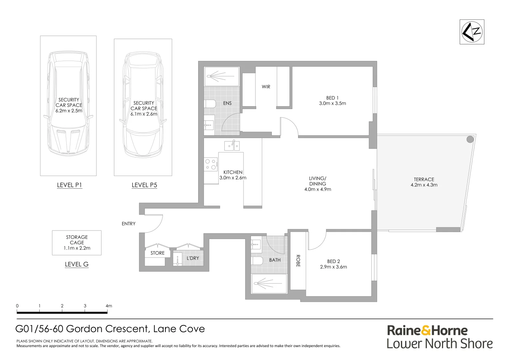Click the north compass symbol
pyautogui.click(x=472, y=32)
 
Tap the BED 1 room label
pyautogui.click(x=332, y=98)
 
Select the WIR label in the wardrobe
pyautogui.click(x=266, y=87)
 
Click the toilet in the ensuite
pyautogui.click(x=210, y=104)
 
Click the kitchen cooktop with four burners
pyautogui.click(x=211, y=164)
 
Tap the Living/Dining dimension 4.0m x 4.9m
pyautogui.click(x=317, y=189)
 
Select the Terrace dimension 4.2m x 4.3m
pyautogui.click(x=424, y=185)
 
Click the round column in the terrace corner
pyautogui.click(x=470, y=139)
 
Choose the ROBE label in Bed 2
pyautogui.click(x=298, y=261)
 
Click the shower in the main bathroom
pyautogui.click(x=269, y=283)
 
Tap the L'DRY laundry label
pyautogui.click(x=193, y=258)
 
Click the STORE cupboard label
pyautogui.click(x=157, y=253)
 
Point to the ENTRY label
pyautogui.click(x=129, y=224)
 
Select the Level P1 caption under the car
pyautogui.click(x=70, y=185)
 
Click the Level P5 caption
pyautogui.click(x=144, y=185)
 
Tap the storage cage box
pyautogui.click(x=77, y=243)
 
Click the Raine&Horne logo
pyautogui.click(x=427, y=331)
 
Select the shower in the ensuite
pyautogui.click(x=222, y=76)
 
